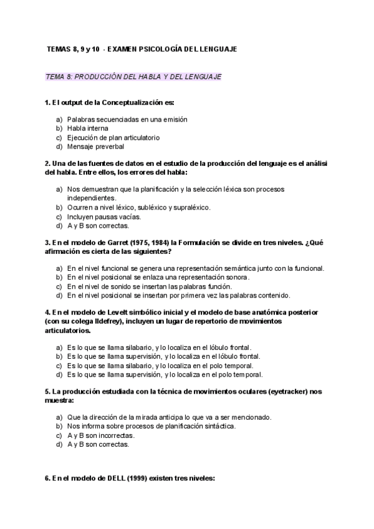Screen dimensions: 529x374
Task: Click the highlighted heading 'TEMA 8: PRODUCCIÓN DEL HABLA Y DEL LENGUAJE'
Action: coord(134,77)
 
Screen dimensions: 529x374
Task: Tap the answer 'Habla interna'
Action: coord(88,128)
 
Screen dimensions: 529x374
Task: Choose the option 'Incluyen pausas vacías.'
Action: coord(104,216)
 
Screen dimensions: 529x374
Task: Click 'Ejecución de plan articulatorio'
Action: coord(113,137)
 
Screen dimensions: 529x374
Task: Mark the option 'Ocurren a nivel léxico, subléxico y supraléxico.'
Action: coord(138,207)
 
